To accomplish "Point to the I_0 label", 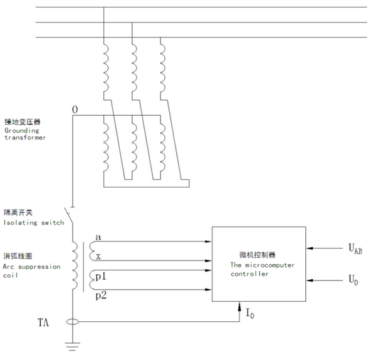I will tap(251, 311).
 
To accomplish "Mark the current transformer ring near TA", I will tap(74, 323).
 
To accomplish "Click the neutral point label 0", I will tap(75, 110).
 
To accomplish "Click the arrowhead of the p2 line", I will tap(208, 290).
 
